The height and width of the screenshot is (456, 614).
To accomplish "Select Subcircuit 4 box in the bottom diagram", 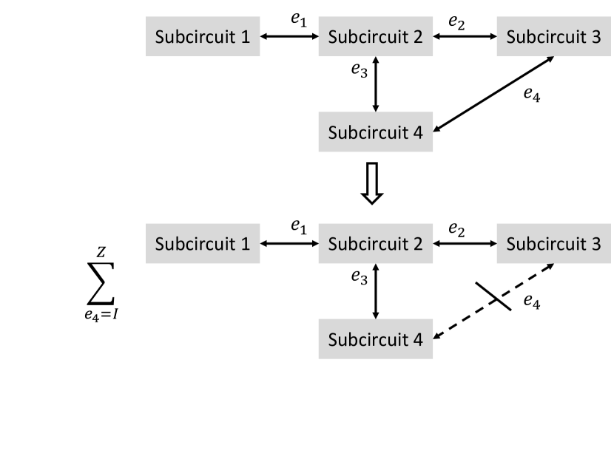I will [x=375, y=340].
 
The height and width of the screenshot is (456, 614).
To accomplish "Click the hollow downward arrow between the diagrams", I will [x=372, y=183].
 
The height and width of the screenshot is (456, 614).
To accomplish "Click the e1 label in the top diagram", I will [x=297, y=21].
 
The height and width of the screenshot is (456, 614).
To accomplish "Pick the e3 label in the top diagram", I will [x=359, y=70].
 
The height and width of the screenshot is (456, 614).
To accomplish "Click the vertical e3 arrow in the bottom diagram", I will [x=376, y=290].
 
